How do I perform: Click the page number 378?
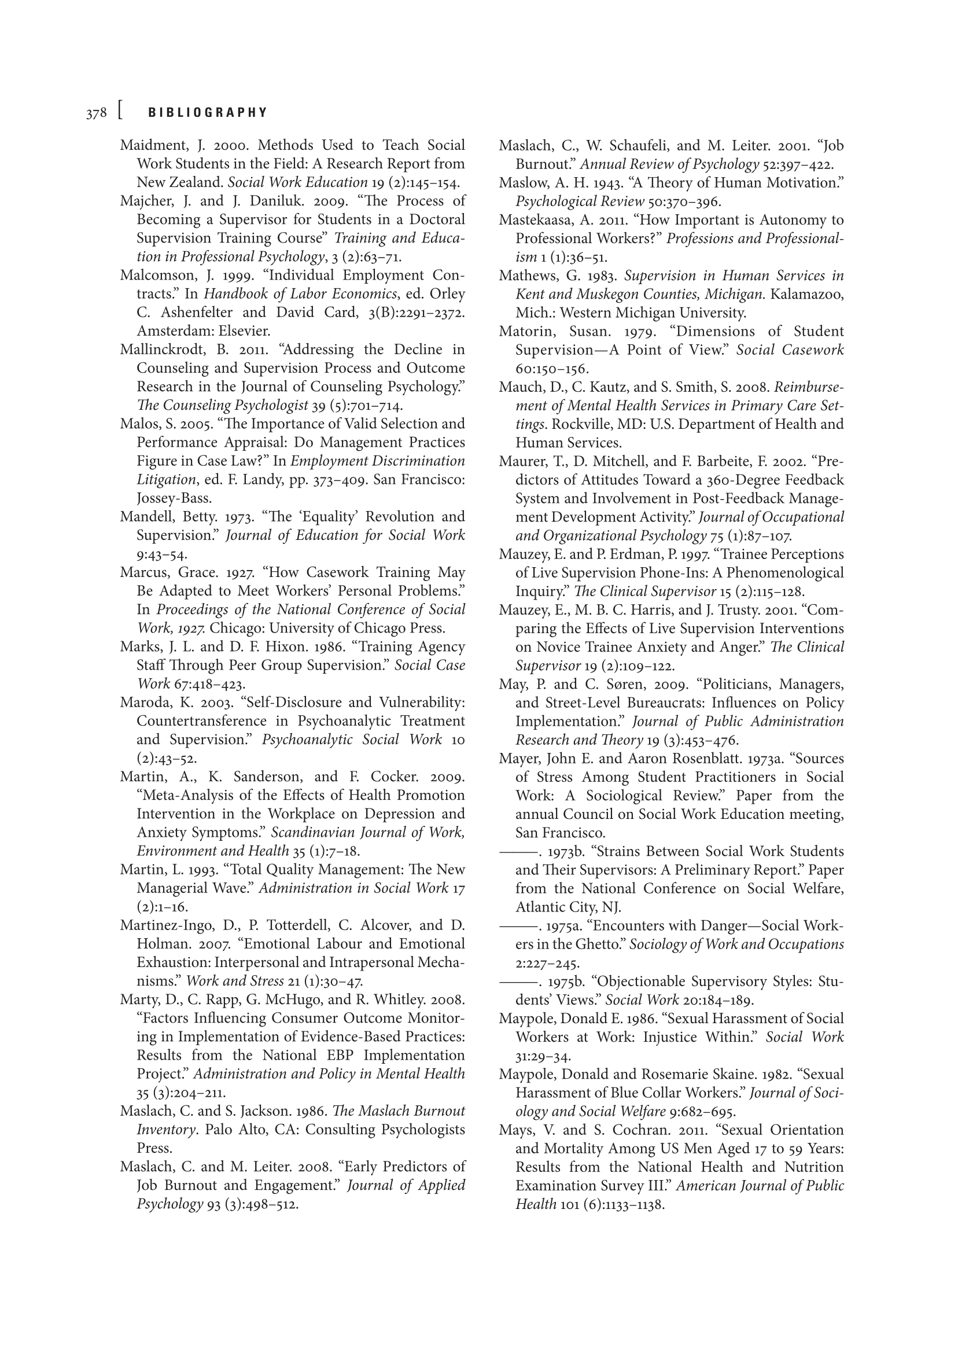(95, 113)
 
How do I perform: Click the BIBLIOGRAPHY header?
(208, 113)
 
